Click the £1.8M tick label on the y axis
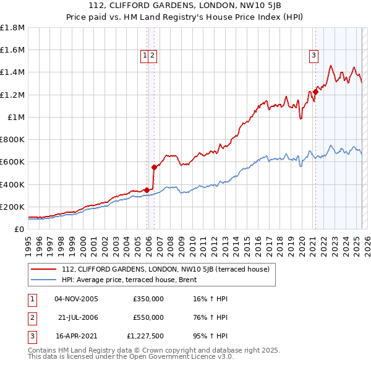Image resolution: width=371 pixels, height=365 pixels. point(14,28)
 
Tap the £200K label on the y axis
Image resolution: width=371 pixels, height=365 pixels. point(13,207)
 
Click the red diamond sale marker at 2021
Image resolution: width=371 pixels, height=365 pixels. point(315,92)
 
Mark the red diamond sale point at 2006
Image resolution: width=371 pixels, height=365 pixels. point(154,166)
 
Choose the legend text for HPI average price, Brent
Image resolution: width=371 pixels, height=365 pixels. point(129,280)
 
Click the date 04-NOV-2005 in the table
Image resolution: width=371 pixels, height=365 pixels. point(76,299)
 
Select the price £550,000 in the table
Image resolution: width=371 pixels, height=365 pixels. point(148,317)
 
